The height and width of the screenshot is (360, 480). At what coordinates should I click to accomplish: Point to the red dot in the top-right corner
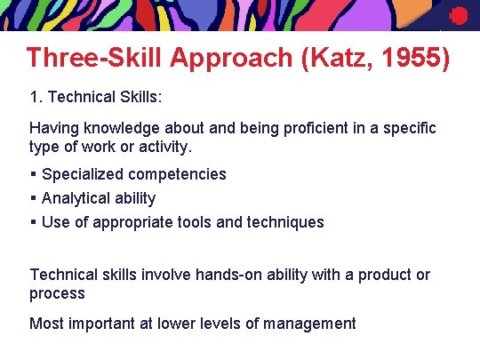pyautogui.click(x=458, y=15)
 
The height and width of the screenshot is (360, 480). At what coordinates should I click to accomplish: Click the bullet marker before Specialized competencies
pyautogui.click(x=33, y=174)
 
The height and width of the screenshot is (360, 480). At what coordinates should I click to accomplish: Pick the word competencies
pyautogui.click(x=175, y=174)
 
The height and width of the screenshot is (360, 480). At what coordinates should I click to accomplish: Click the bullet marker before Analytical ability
pyautogui.click(x=33, y=198)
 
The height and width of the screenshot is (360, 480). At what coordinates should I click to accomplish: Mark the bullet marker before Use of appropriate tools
pyautogui.click(x=33, y=222)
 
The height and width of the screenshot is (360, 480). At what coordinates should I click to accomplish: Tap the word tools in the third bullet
pyautogui.click(x=194, y=222)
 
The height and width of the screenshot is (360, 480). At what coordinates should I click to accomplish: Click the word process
pyautogui.click(x=57, y=293)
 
